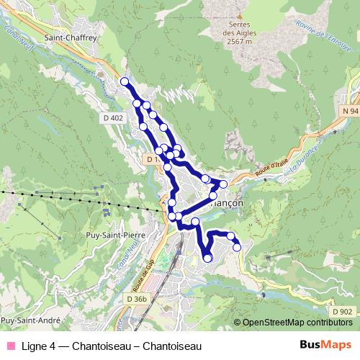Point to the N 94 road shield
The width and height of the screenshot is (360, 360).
350,112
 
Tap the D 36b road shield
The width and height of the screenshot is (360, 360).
136,299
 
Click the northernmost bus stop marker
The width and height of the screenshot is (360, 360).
125,81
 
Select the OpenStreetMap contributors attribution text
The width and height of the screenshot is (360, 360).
297,323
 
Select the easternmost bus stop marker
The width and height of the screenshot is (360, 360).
237,248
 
